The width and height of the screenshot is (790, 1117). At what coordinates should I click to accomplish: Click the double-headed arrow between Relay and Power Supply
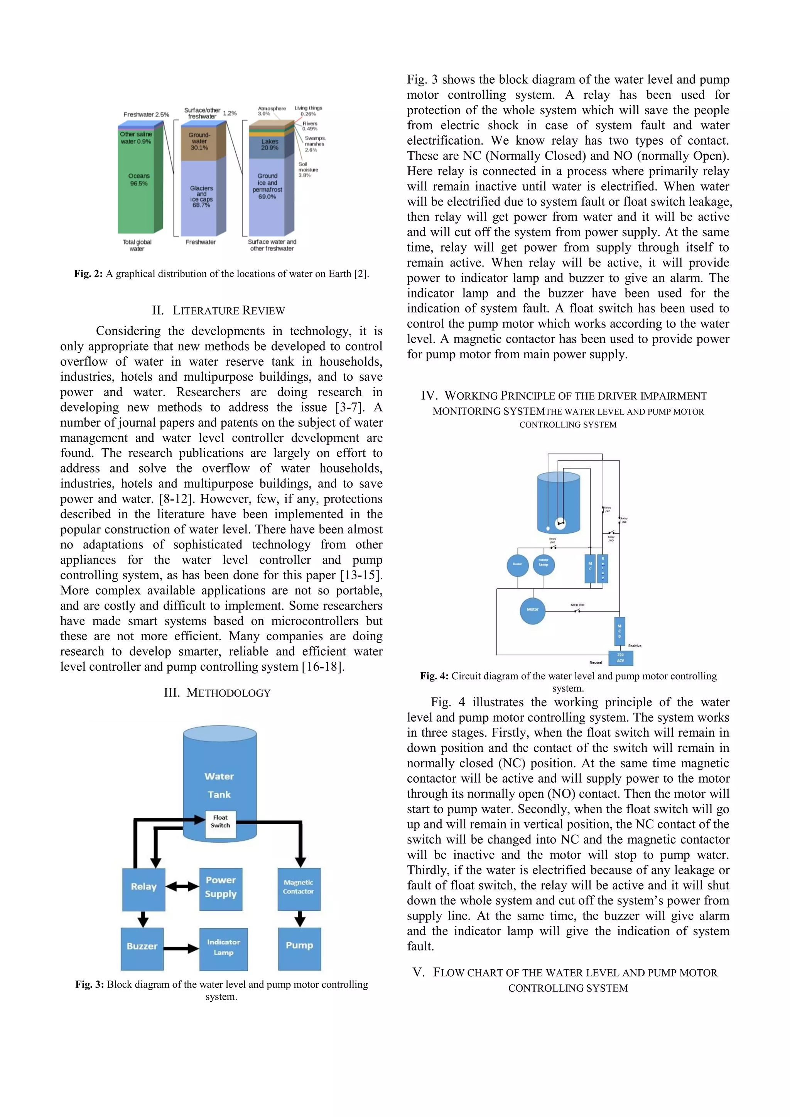click(182, 886)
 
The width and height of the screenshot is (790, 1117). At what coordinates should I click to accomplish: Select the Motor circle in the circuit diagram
click(532, 609)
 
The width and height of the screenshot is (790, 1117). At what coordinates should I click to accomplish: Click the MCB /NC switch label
click(577, 605)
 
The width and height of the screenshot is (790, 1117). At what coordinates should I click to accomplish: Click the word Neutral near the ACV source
click(596, 662)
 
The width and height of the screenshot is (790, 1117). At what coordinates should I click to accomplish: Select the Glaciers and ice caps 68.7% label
click(201, 196)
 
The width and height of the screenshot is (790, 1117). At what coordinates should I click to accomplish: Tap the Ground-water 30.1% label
click(199, 141)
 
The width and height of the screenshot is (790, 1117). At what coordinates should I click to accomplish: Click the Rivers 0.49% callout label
click(310, 126)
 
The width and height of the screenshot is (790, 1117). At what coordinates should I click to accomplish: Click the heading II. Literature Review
click(218, 310)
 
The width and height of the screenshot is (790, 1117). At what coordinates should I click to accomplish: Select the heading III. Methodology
click(217, 693)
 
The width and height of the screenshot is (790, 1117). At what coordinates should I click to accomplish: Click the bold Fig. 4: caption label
click(434, 676)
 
